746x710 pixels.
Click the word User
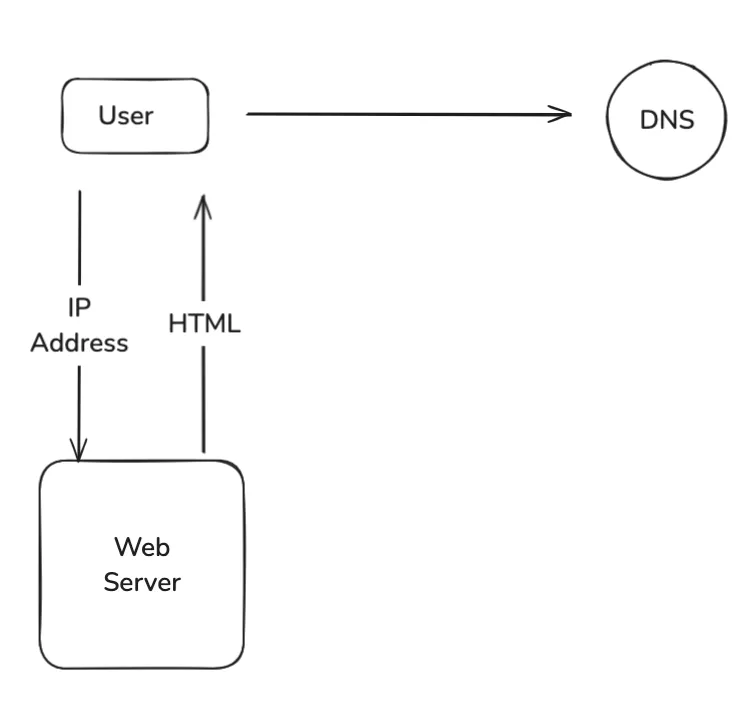pos(126,115)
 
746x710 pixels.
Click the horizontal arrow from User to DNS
pos(400,114)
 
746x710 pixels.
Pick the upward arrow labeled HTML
pos(203,390)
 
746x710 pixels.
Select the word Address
pos(79,343)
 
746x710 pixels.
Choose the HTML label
pos(204,324)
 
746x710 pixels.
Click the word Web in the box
pos(141,547)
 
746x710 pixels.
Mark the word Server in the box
pos(142,581)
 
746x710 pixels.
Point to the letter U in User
pos(106,115)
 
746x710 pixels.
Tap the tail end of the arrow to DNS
pos(249,114)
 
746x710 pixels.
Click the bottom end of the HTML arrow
pos(203,452)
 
